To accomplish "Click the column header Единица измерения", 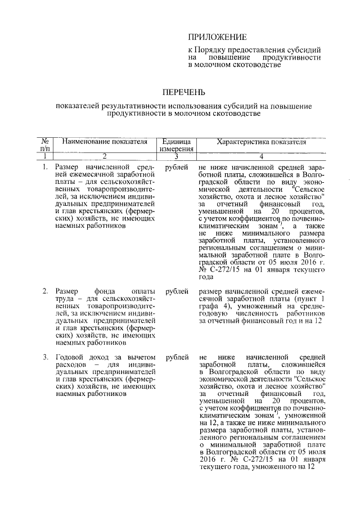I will click(x=176, y=145).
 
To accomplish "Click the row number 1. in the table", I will click(x=45, y=168).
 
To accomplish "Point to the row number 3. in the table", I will click(x=45, y=357).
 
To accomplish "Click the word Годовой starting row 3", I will click(x=70, y=357).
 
